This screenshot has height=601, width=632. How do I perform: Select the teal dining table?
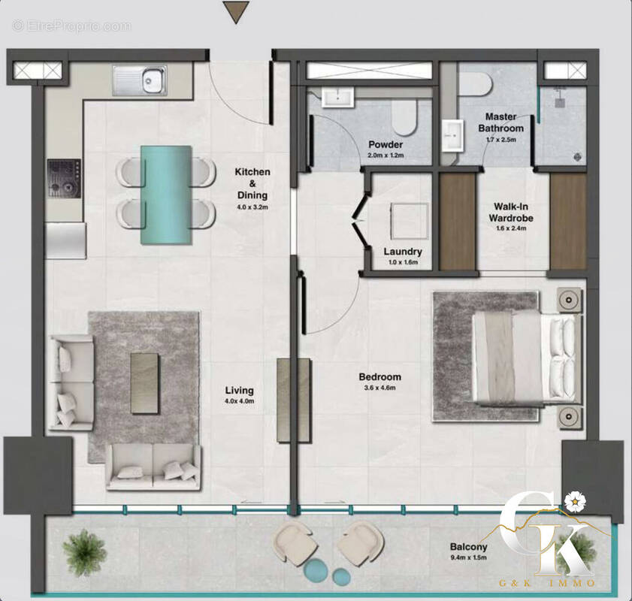pos(166,195)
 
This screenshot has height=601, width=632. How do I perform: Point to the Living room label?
pos(240,391)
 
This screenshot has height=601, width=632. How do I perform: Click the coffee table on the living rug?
pos(145,382)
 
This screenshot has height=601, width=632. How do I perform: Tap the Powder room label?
pos(386,145)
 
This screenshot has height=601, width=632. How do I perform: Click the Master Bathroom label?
pos(501,122)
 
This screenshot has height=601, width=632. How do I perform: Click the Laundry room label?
pos(403,252)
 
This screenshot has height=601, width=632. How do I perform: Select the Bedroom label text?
pos(380,377)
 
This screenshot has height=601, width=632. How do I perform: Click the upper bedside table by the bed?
pos(570,300)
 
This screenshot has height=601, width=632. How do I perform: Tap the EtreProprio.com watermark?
pos(71,26)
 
